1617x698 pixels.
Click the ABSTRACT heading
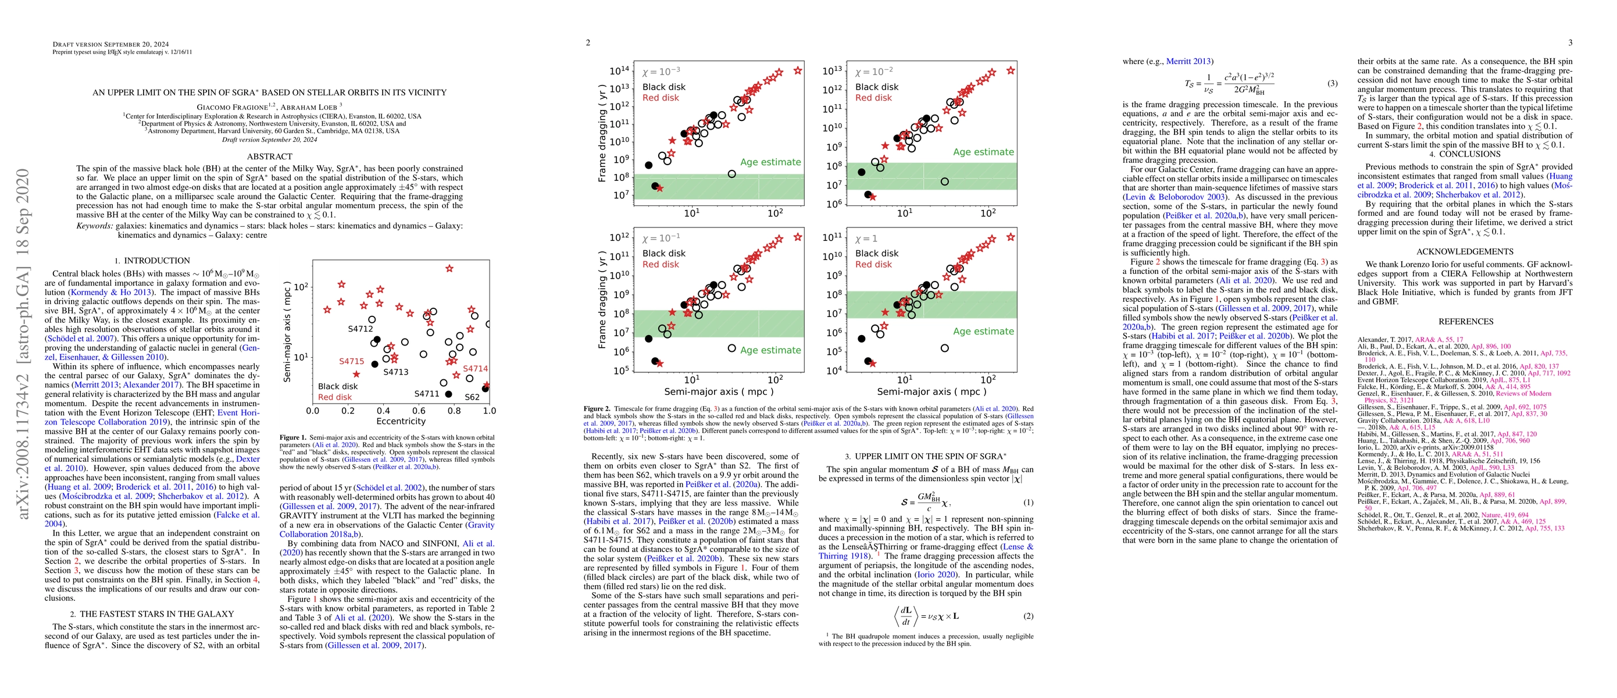point(269,156)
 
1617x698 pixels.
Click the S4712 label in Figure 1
point(360,328)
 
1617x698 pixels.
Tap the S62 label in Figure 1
point(472,397)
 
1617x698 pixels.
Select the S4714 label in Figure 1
point(475,368)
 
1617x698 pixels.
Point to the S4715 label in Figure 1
point(352,361)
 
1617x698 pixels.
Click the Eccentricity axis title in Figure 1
point(401,421)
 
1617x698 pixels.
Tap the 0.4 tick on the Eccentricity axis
point(383,411)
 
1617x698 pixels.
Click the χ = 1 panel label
point(866,239)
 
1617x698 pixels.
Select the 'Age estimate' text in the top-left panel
point(770,162)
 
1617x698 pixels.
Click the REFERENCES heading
point(1466,322)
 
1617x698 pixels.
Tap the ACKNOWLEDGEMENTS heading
point(1466,252)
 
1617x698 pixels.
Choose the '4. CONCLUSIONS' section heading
point(1466,154)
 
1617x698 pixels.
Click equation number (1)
point(1028,502)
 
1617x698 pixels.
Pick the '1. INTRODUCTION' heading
point(152,261)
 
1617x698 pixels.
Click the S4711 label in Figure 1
point(427,394)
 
